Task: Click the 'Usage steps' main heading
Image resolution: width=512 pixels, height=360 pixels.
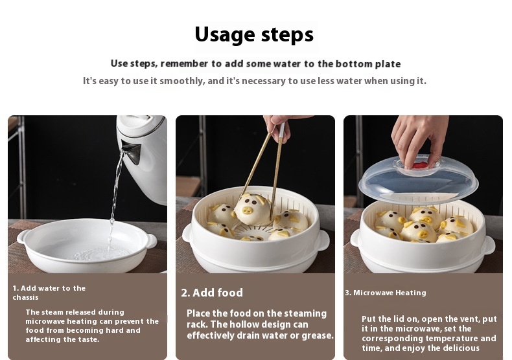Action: click(x=254, y=34)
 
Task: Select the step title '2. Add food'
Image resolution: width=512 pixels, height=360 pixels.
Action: click(x=212, y=293)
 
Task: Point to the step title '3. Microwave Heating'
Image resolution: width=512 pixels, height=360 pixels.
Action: click(x=386, y=293)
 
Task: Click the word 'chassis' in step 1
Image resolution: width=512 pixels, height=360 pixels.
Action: click(x=25, y=297)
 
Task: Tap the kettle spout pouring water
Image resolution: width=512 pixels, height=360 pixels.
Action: click(x=132, y=152)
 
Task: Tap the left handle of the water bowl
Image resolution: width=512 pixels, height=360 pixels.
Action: click(x=22, y=236)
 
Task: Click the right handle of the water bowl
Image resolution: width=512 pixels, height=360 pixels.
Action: click(x=151, y=241)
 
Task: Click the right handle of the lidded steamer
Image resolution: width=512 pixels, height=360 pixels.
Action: click(x=489, y=245)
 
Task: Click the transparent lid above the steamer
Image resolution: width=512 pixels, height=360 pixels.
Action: click(x=419, y=180)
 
